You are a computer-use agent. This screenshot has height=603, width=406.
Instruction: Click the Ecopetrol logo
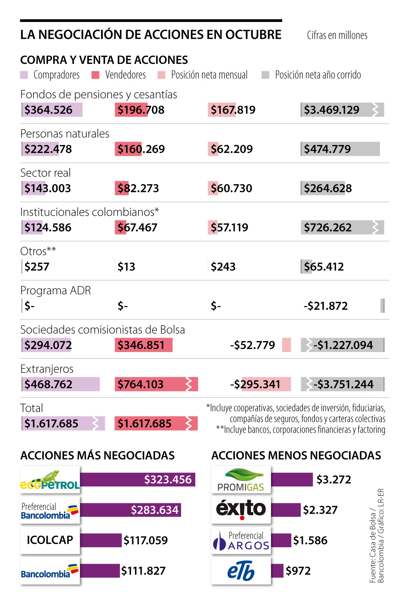50,480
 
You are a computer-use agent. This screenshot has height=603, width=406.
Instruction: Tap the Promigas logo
241,480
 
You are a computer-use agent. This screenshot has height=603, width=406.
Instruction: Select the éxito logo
241,509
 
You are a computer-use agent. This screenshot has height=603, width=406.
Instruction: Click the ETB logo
241,571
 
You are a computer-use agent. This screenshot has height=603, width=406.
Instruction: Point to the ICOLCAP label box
50,540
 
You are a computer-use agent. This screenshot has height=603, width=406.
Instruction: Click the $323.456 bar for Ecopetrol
137,480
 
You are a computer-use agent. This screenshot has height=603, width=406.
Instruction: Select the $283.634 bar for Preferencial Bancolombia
130,510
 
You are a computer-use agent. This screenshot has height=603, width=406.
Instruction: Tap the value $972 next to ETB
298,571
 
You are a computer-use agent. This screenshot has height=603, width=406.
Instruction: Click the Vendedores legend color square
95,75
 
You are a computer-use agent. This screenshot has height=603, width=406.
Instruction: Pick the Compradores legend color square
24,75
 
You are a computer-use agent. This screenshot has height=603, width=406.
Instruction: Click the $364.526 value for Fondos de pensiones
48,110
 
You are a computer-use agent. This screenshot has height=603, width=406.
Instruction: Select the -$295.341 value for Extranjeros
255,384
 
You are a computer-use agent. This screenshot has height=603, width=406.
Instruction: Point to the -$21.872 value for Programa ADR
325,306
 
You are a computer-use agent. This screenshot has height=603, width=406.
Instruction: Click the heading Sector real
45,173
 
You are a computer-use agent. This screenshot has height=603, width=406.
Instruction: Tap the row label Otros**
38,251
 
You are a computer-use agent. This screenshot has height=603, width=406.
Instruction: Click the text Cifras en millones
337,35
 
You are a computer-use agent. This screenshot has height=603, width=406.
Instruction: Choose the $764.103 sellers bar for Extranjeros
156,384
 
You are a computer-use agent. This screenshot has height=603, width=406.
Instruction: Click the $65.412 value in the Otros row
324,267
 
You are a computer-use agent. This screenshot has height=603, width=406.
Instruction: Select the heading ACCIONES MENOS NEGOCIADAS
296,456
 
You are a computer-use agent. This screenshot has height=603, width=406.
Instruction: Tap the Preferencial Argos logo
241,540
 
